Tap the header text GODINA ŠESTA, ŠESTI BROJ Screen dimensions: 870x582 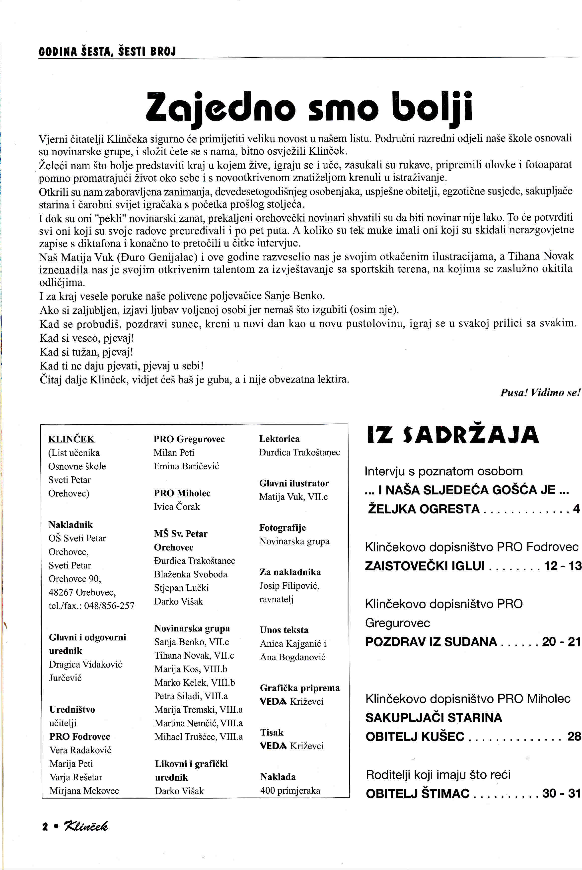coord(107,51)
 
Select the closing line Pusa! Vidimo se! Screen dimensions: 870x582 coord(540,393)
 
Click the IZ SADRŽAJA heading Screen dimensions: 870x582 coord(453,435)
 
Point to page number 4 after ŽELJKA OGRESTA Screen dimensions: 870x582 coord(576,508)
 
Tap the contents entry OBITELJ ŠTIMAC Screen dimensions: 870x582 coord(418,793)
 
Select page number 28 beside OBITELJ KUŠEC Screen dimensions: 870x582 coord(574,736)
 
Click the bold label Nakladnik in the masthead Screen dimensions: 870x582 coord(71,524)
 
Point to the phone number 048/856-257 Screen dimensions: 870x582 coord(109,606)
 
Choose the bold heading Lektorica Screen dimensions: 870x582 coord(279,439)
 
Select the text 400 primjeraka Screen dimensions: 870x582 coord(290,790)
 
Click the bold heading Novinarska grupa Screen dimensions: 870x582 coord(192,628)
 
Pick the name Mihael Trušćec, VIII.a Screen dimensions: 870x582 coord(199,737)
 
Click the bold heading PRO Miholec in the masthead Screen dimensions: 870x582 coord(182,493)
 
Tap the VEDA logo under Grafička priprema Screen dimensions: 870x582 coord(273,701)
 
